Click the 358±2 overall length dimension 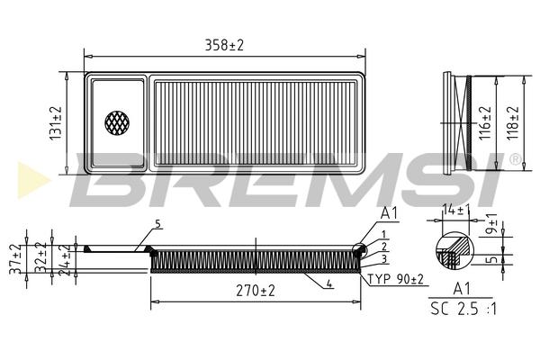point(224,46)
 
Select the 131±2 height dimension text point(56,123)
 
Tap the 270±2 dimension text point(256,291)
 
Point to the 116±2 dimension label point(485,123)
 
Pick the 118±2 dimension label point(513,122)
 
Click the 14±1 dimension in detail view point(456,209)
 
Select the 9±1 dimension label point(493,223)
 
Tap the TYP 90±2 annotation point(396,279)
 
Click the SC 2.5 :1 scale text point(463,309)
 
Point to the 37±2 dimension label point(15,259)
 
